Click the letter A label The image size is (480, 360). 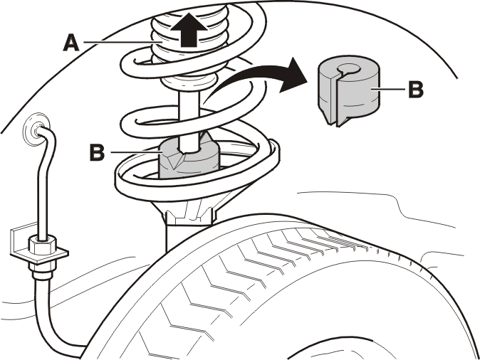tap(71, 43)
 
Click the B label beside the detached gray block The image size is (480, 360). tap(416, 89)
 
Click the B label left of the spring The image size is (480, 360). tap(97, 152)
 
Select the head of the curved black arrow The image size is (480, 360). tap(291, 75)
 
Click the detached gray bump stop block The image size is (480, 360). tap(348, 90)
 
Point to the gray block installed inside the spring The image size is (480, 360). tap(188, 159)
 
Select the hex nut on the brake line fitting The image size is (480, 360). tap(42, 244)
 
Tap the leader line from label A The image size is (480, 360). tap(118, 42)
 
